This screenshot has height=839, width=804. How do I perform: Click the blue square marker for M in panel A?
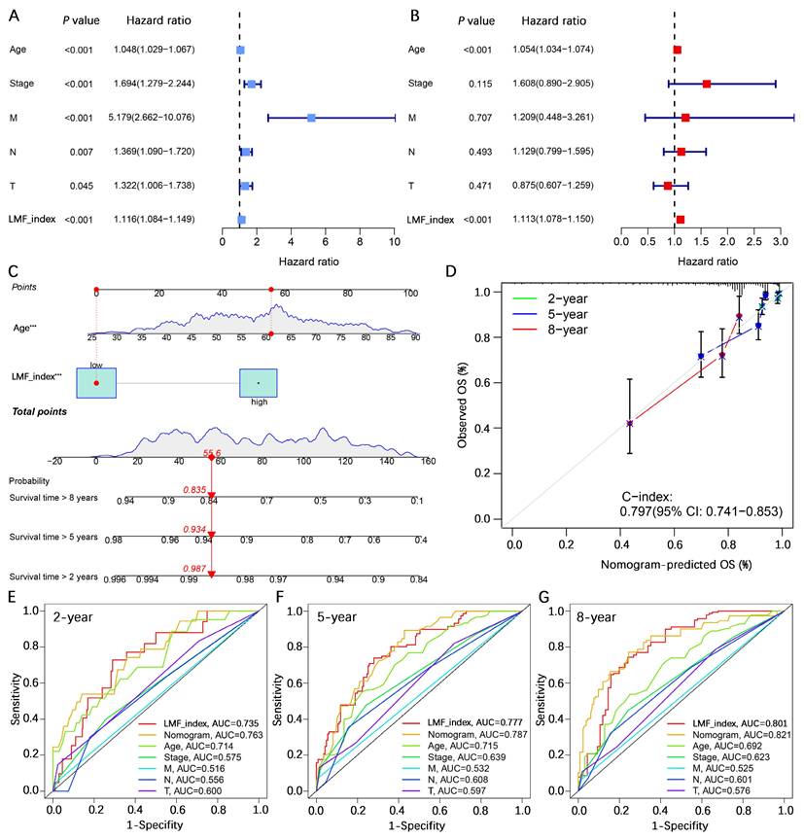pos(311,118)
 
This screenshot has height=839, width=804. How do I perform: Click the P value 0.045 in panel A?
pos(80,185)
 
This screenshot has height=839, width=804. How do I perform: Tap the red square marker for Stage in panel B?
pos(707,84)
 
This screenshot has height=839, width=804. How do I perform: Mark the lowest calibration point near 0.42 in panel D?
pos(630,424)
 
